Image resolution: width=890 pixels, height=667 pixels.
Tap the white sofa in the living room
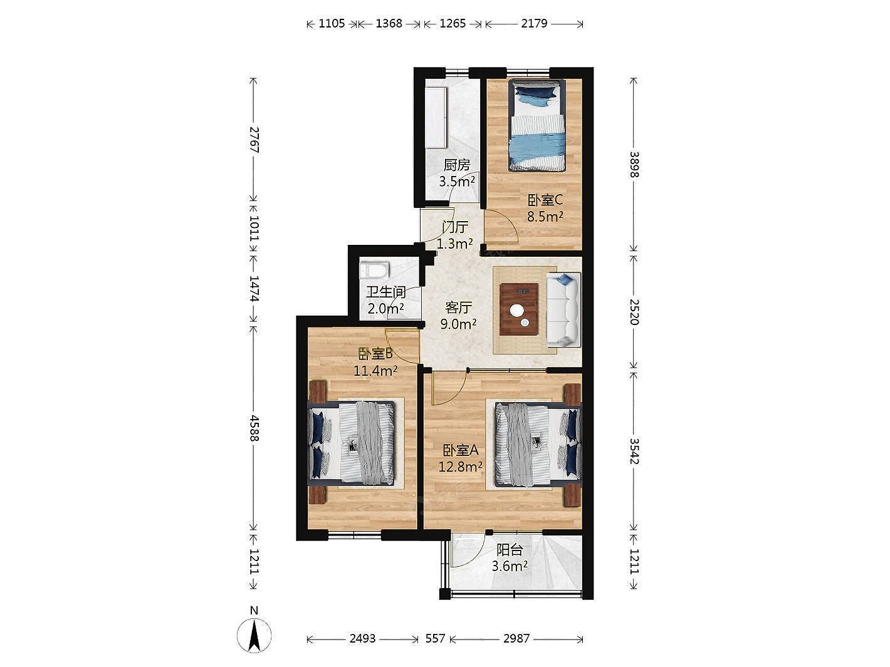point(563,310)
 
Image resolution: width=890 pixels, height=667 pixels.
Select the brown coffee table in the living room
point(519,309)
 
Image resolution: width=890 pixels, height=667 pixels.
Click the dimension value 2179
point(534,24)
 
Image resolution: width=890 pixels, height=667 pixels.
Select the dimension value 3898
point(634,165)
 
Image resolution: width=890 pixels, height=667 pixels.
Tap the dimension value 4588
point(254,428)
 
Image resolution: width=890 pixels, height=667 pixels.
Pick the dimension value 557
point(435,639)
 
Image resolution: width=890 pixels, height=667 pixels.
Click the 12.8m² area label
point(460,467)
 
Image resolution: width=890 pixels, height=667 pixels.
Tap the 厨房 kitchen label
point(457,165)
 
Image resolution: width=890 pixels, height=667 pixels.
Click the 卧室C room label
point(545,200)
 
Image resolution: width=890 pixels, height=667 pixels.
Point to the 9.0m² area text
point(458,324)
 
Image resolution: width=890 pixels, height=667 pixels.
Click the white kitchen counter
point(436,118)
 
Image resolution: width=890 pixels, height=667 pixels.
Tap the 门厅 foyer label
point(455,227)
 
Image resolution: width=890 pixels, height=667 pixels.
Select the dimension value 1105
point(332,24)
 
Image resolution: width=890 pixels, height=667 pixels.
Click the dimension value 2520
point(634,312)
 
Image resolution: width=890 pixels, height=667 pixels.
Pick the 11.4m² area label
point(375,371)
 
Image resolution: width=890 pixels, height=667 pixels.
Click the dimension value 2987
point(516,639)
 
